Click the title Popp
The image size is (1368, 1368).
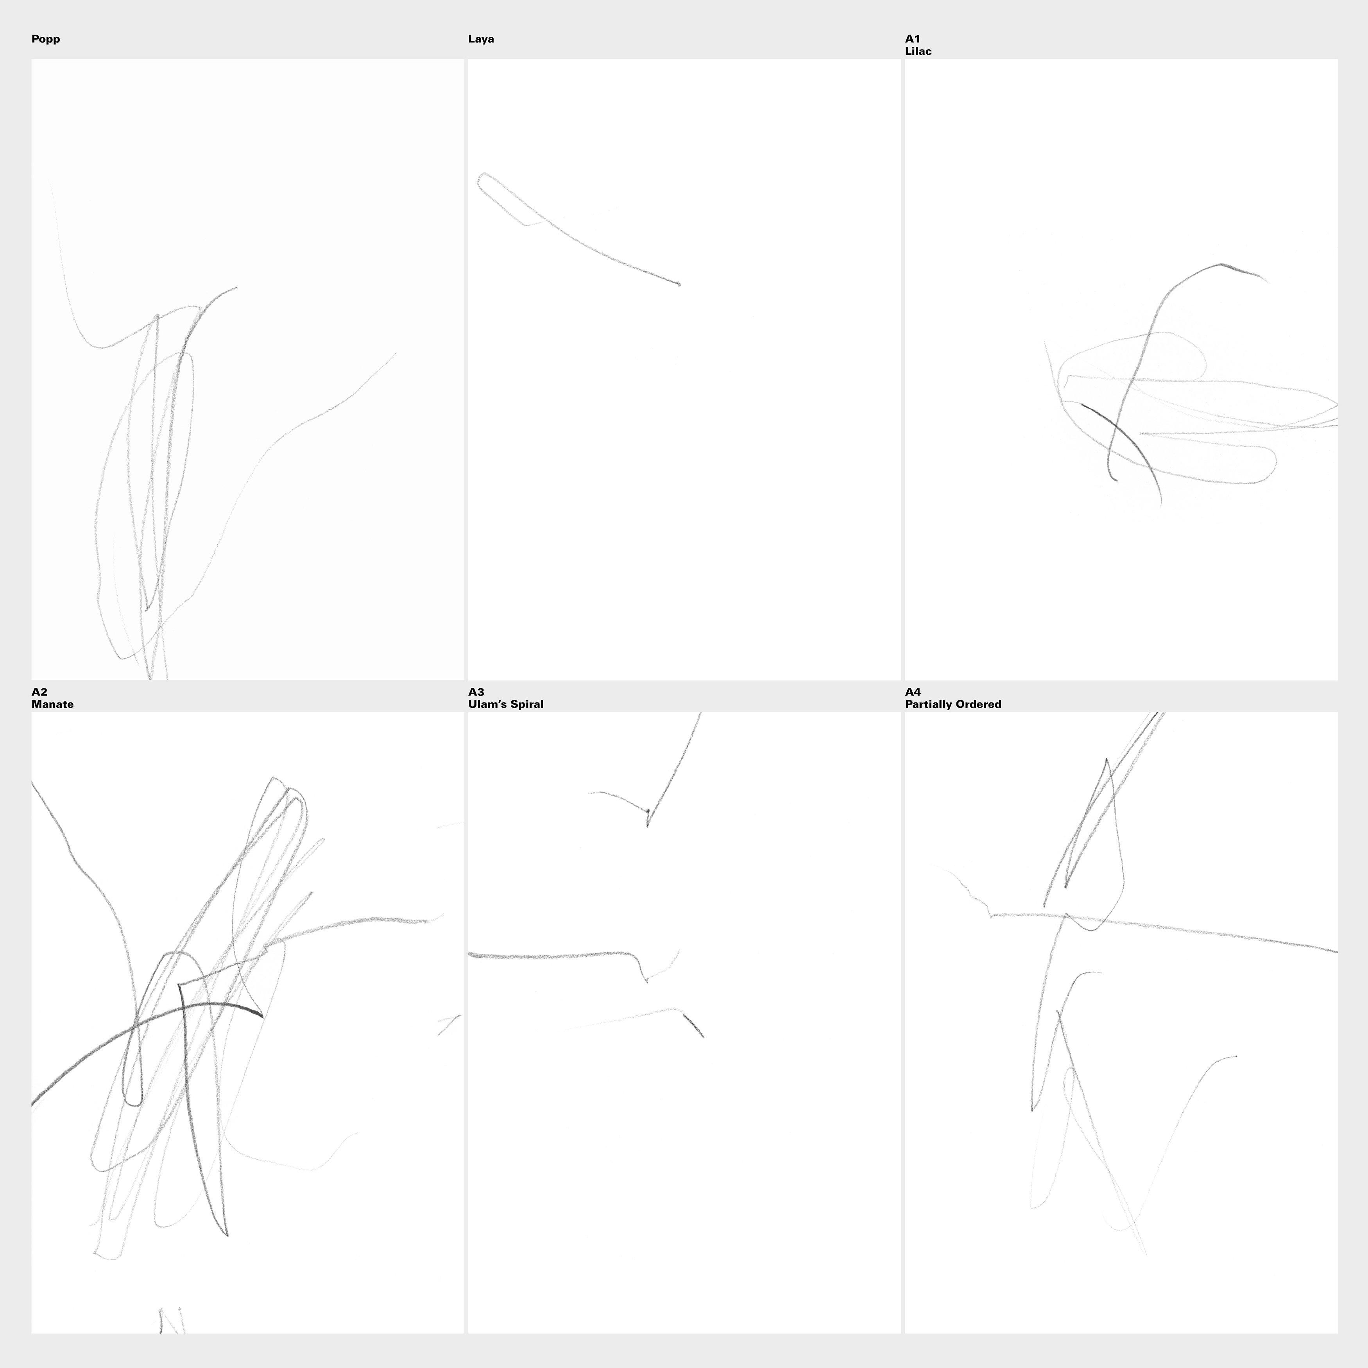(45, 39)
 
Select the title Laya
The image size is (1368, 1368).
(481, 39)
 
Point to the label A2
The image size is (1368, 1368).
(39, 692)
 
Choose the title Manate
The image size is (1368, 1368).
(52, 705)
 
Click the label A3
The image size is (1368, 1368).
(476, 692)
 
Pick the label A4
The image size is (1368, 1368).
(913, 692)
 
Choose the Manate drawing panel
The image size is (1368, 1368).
(247, 1022)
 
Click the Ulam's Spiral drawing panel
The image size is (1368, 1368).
(684, 1022)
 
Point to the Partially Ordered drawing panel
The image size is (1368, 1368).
(1121, 1022)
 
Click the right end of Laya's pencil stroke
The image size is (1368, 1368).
(679, 285)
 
